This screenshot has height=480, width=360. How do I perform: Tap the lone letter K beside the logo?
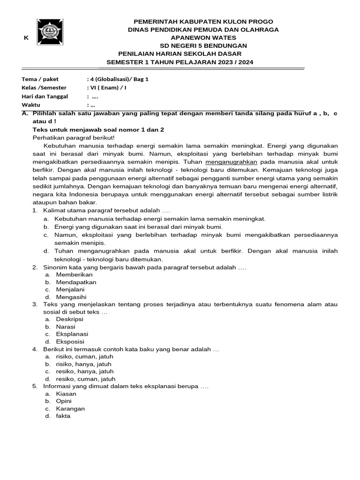(26, 38)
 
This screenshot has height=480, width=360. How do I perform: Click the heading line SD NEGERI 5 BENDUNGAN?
(203, 45)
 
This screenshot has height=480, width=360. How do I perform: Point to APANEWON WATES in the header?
(203, 37)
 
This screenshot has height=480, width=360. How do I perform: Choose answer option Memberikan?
(74, 275)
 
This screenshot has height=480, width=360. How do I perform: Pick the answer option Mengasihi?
(71, 297)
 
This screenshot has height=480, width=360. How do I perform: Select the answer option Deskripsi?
(70, 319)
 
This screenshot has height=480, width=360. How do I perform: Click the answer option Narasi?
(66, 327)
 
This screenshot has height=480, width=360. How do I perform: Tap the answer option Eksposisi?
(70, 342)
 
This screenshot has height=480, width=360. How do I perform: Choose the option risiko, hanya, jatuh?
(84, 364)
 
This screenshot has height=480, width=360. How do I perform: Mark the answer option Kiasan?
(66, 394)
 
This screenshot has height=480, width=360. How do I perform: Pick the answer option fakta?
(63, 416)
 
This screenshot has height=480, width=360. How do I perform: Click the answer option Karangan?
(70, 409)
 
